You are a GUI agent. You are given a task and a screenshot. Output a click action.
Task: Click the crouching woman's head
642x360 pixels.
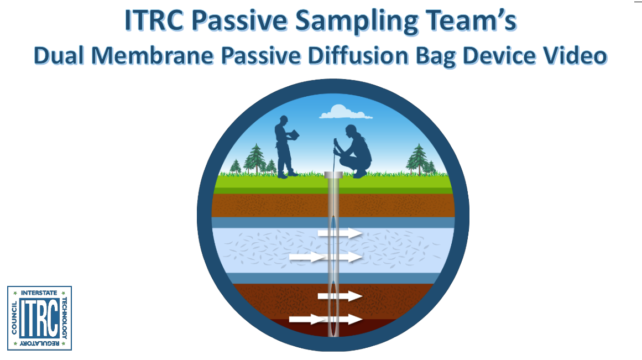coord(351,132)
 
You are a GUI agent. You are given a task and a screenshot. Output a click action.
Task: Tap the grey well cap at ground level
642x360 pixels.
coord(333,175)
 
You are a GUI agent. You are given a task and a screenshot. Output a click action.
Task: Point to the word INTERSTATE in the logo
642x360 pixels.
coord(39,292)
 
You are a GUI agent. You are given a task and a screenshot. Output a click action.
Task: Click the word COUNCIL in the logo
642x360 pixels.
coord(14,319)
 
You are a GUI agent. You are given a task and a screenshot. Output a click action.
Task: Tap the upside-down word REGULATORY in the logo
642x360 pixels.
coord(39,345)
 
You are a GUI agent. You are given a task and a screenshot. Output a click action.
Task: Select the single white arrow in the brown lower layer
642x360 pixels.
coord(340,296)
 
